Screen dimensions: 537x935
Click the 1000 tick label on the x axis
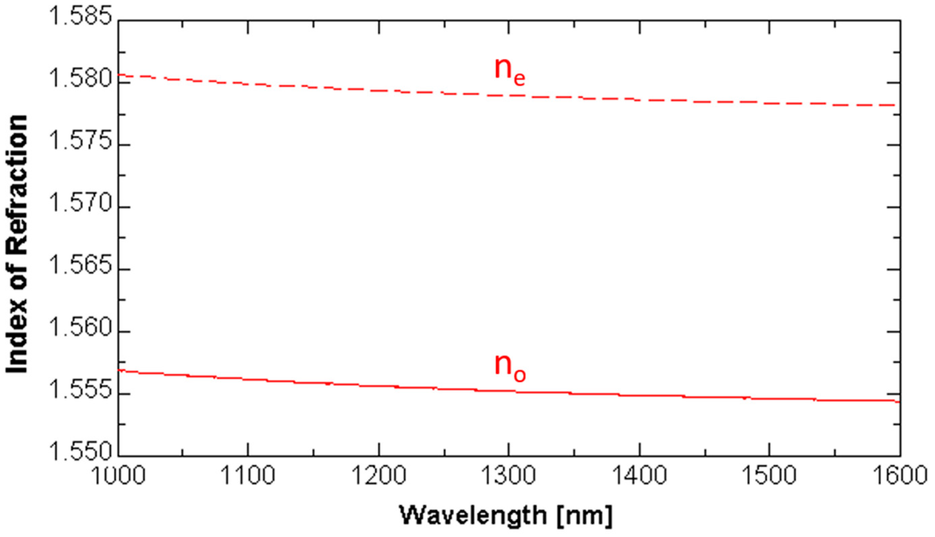pos(118,476)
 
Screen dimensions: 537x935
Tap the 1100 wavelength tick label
pos(248,476)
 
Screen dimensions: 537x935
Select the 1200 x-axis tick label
pos(379,476)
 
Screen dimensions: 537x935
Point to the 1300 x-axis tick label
pos(509,476)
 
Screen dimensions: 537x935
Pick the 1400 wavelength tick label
pos(640,476)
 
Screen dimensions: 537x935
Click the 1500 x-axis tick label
pos(770,476)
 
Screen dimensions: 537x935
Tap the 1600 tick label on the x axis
pos(900,476)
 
